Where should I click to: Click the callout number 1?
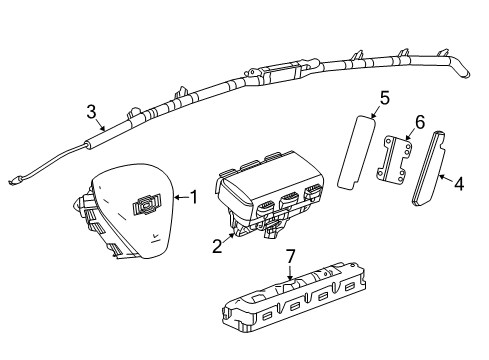click(196, 199)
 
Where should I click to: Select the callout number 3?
click(91, 111)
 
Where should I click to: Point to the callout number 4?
click(459, 183)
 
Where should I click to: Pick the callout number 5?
click(384, 98)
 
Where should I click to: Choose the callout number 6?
click(419, 122)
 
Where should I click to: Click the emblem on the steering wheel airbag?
click(148, 205)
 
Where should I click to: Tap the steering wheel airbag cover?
click(135, 225)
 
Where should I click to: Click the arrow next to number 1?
click(180, 199)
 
